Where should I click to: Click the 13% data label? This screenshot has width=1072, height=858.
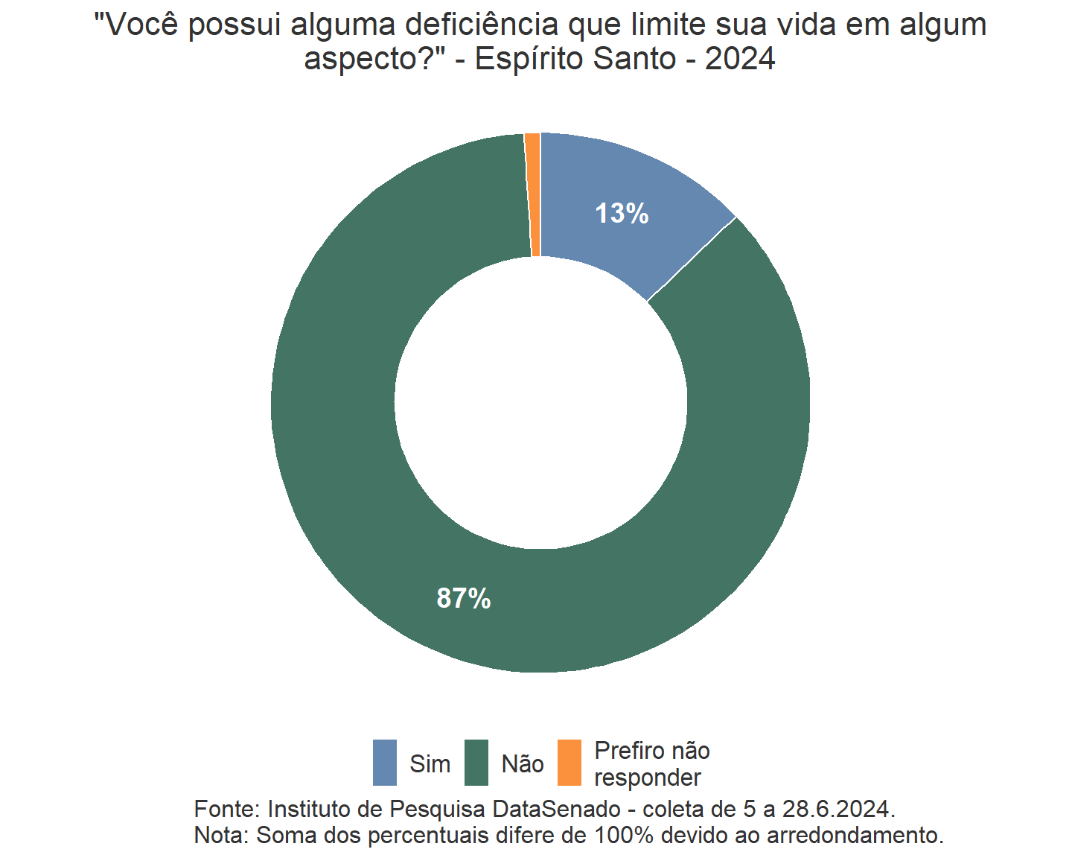[x=622, y=214]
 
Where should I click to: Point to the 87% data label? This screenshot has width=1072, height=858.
[x=464, y=598]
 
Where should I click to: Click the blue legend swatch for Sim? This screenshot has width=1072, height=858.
[x=385, y=763]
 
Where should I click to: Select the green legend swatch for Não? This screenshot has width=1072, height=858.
[x=476, y=763]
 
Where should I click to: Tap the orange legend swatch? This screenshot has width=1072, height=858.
[x=569, y=763]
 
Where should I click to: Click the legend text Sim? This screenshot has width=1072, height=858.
[x=430, y=764]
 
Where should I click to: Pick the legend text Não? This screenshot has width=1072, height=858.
[x=523, y=764]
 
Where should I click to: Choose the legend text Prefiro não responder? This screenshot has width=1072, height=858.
[x=651, y=764]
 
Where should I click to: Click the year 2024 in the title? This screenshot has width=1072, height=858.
[x=740, y=59]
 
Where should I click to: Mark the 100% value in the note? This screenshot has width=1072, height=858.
[x=624, y=836]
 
